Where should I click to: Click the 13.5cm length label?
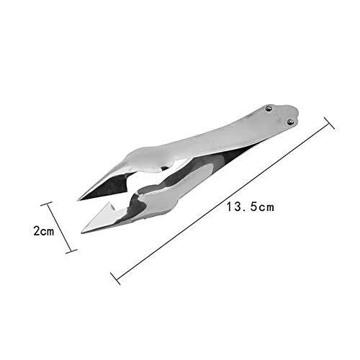251,207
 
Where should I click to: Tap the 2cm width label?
44,231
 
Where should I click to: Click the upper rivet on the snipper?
269,109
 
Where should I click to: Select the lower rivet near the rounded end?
290,122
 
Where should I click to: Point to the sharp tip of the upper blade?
78,200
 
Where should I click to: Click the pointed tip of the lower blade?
82,233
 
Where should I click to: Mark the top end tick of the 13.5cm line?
329,123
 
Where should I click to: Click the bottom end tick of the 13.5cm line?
115,279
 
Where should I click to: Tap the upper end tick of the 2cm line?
46,204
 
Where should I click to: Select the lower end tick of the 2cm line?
71,251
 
